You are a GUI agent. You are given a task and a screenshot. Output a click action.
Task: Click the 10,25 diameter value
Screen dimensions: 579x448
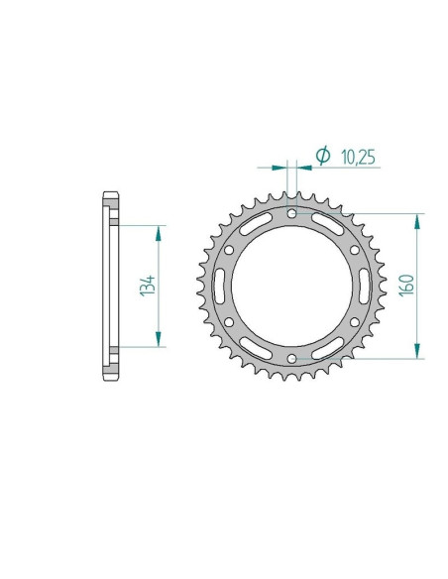[359, 157]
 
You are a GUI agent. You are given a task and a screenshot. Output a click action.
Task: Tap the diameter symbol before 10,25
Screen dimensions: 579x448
[322, 156]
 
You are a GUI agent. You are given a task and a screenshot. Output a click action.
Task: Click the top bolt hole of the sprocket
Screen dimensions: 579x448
[290, 212]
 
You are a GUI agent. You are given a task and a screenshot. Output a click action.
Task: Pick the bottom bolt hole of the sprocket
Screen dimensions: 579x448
[290, 359]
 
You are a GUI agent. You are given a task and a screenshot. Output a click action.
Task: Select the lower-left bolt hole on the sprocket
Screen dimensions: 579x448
[228, 322]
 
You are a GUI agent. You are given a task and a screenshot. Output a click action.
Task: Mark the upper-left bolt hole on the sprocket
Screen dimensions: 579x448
[228, 249]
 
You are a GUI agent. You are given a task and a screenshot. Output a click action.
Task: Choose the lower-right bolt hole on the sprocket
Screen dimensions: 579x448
[353, 322]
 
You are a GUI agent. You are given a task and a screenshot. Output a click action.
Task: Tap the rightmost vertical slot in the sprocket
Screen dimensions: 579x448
[364, 286]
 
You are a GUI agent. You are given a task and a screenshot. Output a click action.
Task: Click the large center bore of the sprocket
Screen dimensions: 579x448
[290, 286]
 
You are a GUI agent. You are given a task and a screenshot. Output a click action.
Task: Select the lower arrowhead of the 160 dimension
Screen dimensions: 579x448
[419, 350]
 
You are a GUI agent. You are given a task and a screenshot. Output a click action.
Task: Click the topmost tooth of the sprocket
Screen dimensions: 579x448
[290, 196]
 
